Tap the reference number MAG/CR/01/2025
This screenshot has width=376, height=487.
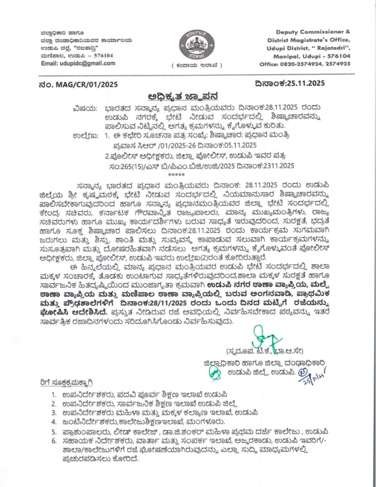coord(87,84)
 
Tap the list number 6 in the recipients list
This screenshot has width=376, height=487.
coord(54,441)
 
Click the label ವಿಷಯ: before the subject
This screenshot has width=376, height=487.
coord(85,108)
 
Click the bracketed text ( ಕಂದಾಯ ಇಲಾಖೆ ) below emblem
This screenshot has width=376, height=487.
coord(196,66)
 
